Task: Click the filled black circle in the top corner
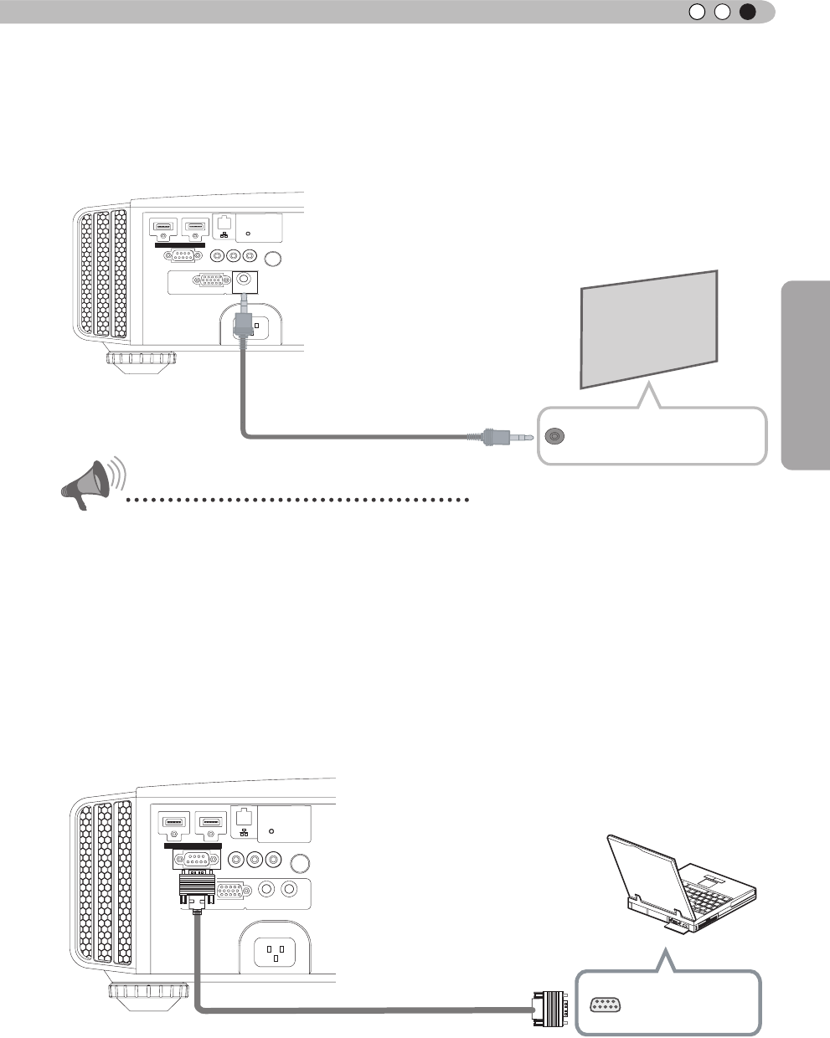tap(748, 12)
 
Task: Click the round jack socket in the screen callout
tap(554, 436)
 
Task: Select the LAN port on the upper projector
tap(224, 223)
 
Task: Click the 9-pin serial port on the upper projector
tap(183, 256)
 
